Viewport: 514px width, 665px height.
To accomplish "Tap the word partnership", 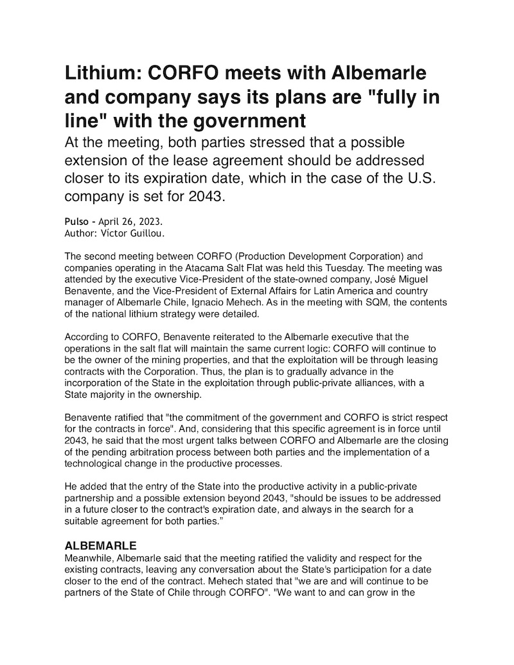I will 94,499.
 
